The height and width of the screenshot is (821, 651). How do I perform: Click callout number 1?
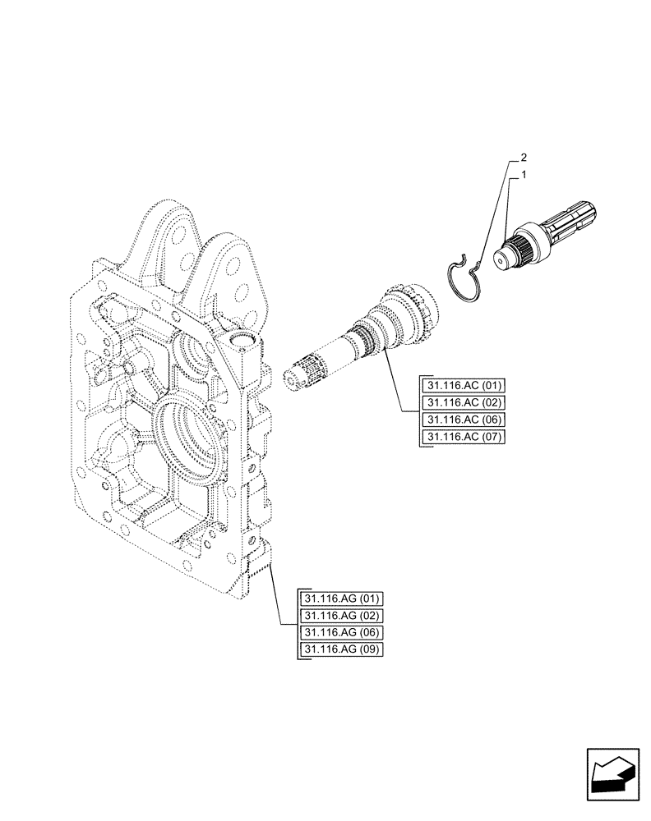click(x=524, y=175)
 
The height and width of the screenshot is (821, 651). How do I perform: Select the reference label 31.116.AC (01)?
click(x=464, y=386)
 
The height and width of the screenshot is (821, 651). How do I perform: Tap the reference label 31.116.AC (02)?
click(x=464, y=403)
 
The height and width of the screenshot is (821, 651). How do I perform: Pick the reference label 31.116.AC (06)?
click(x=464, y=420)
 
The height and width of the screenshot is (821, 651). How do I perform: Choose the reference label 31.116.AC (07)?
click(x=464, y=438)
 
